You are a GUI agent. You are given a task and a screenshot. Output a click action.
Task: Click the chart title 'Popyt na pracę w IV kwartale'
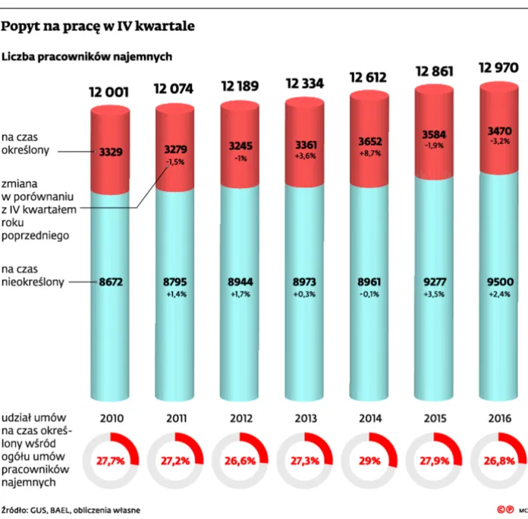(98, 27)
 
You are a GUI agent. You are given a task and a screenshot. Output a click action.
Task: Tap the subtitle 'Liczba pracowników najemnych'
(87, 57)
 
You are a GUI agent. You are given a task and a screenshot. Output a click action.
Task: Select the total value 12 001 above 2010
(108, 92)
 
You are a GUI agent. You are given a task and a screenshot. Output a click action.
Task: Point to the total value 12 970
(498, 68)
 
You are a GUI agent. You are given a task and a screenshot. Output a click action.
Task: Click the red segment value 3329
(111, 152)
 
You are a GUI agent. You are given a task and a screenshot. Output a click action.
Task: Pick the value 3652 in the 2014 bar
(370, 141)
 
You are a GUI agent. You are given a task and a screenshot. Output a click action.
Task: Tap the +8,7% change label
(370, 153)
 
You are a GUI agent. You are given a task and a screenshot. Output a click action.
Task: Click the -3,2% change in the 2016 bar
(500, 141)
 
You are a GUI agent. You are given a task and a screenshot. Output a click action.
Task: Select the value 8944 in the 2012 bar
(240, 282)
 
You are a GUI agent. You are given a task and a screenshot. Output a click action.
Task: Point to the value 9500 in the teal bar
(500, 282)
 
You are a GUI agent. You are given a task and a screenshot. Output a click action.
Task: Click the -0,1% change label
(369, 294)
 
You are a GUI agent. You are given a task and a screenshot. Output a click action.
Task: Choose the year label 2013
(306, 419)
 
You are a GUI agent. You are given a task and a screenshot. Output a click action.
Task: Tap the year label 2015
(435, 419)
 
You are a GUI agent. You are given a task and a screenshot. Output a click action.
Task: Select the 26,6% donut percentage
(240, 461)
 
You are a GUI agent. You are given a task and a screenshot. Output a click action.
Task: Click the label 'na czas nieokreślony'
(33, 275)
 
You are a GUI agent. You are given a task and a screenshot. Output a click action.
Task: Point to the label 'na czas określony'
(25, 143)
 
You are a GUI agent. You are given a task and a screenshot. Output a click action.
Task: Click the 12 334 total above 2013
(305, 83)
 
